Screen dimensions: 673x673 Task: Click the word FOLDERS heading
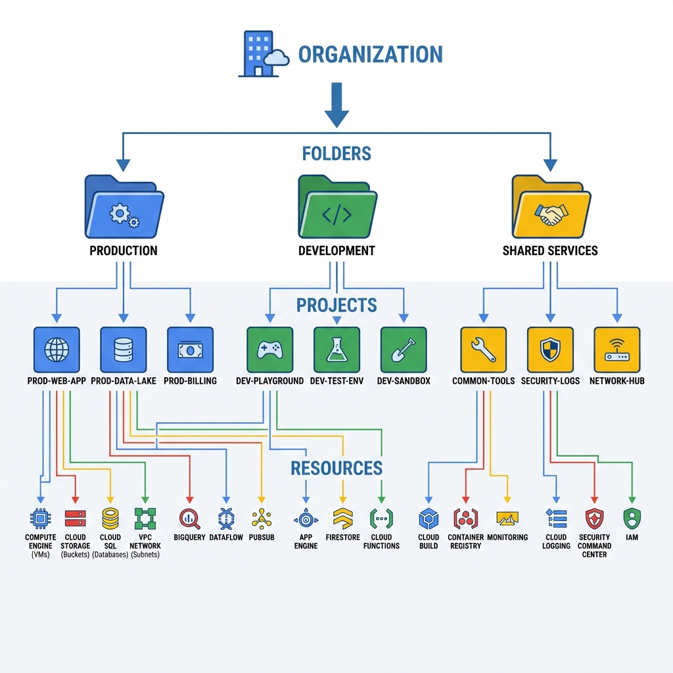point(336,154)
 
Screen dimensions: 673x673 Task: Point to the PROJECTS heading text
point(336,305)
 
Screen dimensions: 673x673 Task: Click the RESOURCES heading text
point(336,468)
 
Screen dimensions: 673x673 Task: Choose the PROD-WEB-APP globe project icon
point(57,350)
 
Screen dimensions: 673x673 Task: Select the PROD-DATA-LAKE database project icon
point(124,350)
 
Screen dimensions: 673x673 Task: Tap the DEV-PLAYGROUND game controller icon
point(269,350)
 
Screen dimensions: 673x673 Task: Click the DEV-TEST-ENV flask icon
point(336,350)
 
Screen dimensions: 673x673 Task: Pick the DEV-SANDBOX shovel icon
point(404,350)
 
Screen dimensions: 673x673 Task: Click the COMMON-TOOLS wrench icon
point(484,350)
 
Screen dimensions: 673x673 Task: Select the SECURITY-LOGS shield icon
point(551,350)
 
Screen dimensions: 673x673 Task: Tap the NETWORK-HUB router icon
point(617,350)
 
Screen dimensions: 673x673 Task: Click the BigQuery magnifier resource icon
point(190,519)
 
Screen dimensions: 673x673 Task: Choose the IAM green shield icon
point(632,519)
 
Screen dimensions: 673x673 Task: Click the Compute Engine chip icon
point(41,519)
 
